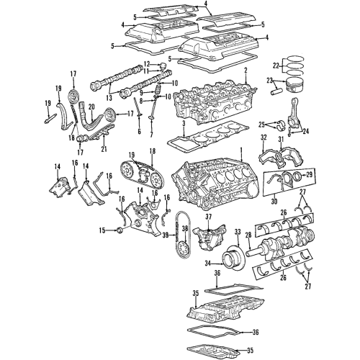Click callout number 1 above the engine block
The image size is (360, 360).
241,153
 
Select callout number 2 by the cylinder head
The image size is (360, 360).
245,70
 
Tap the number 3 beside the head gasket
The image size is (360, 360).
184,123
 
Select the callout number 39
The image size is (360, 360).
164,235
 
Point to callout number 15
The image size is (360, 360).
102,230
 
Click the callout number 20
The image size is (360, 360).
91,107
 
